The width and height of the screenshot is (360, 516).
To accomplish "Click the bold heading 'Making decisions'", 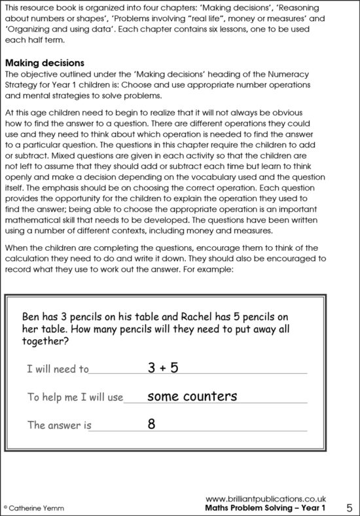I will [45, 63].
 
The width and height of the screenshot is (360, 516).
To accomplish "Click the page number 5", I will [350, 507].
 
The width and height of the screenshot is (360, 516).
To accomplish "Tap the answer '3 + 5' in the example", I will [163, 367].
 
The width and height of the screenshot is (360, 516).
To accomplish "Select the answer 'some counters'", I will [192, 396].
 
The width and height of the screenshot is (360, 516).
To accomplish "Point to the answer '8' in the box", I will [151, 424].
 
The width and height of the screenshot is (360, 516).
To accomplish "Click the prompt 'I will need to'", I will [58, 369].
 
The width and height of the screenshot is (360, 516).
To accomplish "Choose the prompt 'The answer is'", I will [59, 425].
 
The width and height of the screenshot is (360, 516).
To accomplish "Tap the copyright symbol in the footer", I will [6, 508].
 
